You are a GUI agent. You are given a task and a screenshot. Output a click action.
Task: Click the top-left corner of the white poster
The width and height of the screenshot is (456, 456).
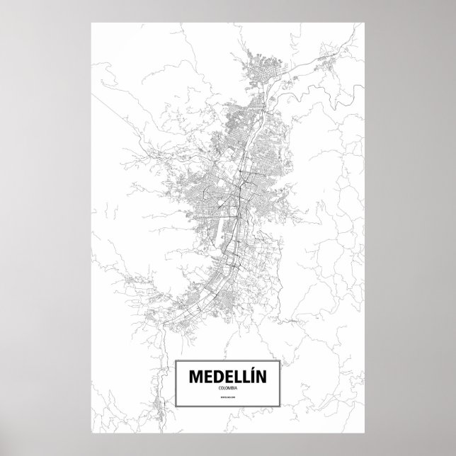click(92, 22)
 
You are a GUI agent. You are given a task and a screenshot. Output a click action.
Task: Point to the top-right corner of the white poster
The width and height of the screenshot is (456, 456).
click(365, 22)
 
